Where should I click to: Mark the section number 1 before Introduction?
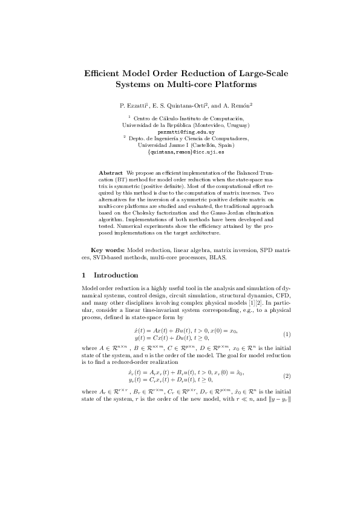click(83, 275)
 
